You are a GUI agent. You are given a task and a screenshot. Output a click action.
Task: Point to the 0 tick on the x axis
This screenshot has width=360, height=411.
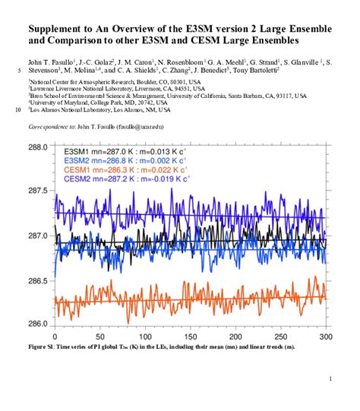[54, 337]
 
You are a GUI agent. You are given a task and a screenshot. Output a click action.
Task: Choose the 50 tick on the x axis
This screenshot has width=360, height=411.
[99, 337]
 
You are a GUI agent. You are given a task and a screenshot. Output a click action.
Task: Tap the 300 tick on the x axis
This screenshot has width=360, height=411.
[326, 337]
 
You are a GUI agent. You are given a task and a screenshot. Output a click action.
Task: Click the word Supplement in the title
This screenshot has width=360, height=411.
[60, 28]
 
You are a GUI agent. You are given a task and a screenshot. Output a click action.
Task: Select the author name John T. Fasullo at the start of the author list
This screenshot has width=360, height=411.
[54, 58]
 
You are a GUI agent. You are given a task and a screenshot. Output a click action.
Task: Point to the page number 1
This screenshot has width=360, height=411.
[330, 379]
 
